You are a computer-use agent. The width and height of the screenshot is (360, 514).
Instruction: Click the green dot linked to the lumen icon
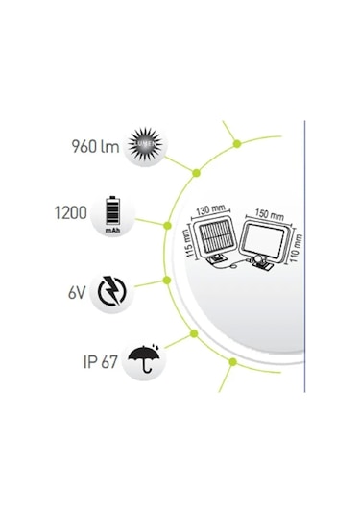click(x=196, y=173)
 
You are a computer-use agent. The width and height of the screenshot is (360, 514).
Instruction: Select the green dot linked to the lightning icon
click(x=167, y=281)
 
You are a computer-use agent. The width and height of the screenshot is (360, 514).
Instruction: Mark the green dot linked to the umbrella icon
click(x=194, y=333)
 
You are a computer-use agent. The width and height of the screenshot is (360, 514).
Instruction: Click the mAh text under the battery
click(x=111, y=232)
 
